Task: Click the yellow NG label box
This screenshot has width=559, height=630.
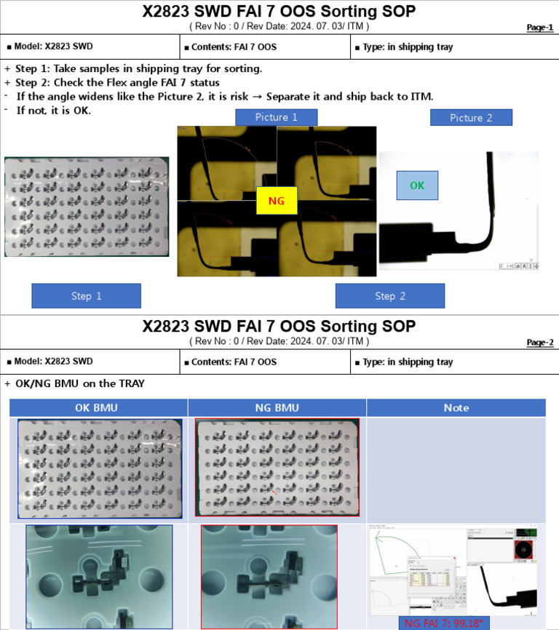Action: click(x=277, y=201)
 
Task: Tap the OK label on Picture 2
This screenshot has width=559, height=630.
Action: click(x=417, y=185)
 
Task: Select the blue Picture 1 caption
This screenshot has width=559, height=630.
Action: click(x=276, y=117)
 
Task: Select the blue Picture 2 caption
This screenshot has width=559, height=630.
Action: click(x=471, y=117)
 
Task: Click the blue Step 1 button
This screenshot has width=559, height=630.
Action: click(x=86, y=296)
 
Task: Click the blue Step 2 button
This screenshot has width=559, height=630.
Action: click(x=389, y=296)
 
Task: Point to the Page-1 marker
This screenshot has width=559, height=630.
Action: click(x=539, y=28)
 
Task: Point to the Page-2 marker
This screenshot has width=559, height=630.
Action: click(x=539, y=343)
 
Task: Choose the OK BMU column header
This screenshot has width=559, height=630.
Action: click(x=98, y=407)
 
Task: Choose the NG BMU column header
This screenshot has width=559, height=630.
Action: click(x=277, y=407)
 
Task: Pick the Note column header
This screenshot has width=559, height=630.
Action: click(x=456, y=407)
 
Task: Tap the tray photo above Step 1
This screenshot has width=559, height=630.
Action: click(x=87, y=206)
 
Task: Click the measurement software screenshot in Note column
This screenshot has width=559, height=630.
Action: click(x=456, y=571)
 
